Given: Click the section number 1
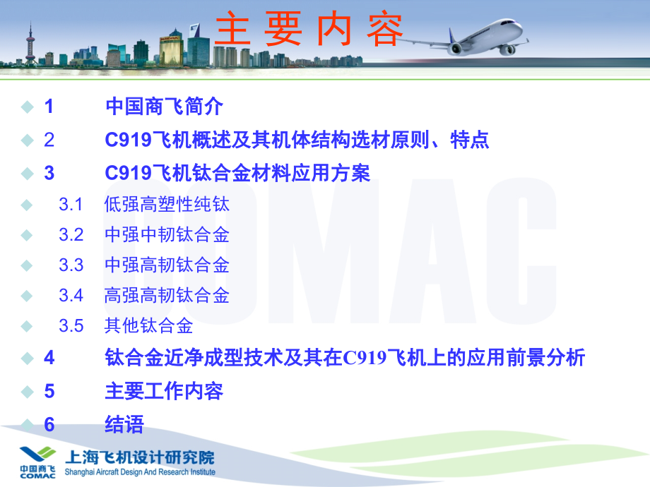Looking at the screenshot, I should [49, 107].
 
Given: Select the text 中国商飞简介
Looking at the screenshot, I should [164, 107].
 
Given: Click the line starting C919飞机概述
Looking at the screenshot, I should [297, 140].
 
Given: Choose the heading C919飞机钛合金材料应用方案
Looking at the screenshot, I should [237, 173].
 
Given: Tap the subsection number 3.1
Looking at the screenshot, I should [71, 205].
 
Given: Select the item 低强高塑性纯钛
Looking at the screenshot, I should [167, 205].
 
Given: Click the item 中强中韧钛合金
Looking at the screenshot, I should [167, 235].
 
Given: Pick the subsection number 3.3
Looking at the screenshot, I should [71, 265].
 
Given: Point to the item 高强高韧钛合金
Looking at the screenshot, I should [167, 295].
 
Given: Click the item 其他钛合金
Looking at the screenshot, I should [148, 325].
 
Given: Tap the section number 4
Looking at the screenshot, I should [49, 358].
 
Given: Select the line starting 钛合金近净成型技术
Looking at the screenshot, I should [345, 358].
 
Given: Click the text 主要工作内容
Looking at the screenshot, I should [164, 391].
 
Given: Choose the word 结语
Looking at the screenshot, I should [124, 424].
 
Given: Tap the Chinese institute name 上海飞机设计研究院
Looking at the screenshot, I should [139, 457].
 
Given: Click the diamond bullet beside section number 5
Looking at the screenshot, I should [27, 391].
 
